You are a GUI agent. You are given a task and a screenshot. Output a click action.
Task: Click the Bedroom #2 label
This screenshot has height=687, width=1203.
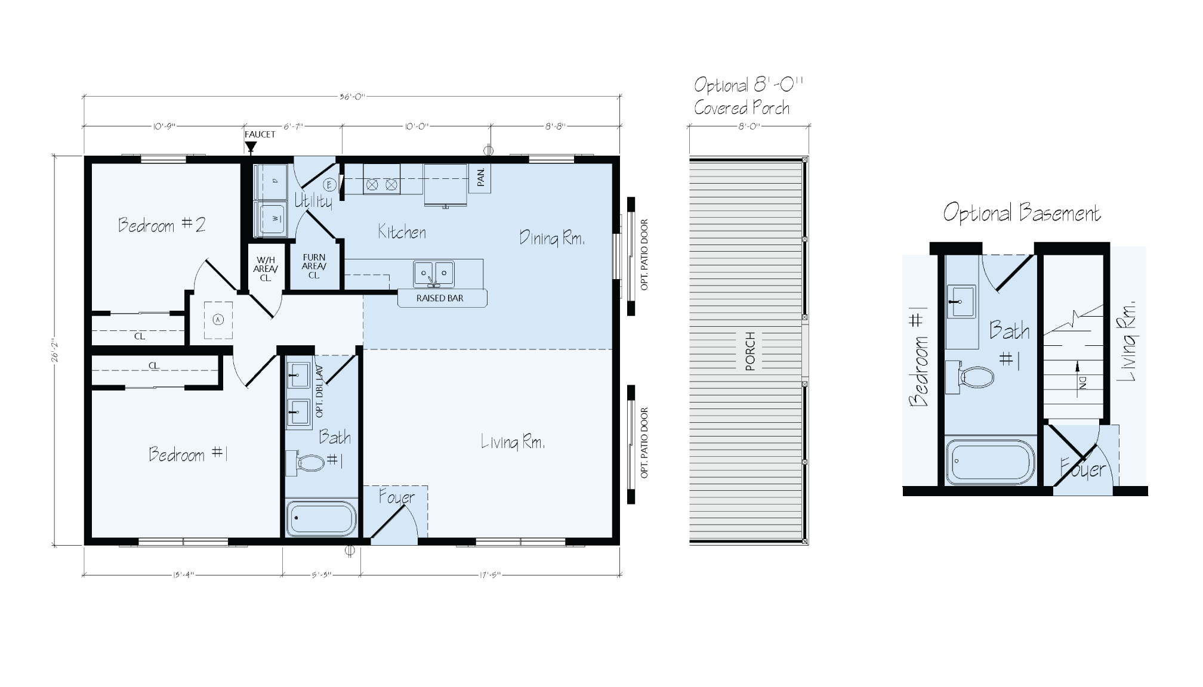162,225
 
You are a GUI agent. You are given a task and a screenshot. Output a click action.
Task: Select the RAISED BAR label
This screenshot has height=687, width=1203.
440,298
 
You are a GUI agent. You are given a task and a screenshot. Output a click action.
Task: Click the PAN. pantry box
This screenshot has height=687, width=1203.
480,178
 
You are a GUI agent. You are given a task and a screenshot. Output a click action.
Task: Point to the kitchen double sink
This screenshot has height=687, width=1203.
434,274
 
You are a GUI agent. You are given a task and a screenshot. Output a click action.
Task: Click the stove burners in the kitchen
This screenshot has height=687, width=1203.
381,185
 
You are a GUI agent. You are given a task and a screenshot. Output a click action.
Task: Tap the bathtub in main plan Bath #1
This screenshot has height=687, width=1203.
321,519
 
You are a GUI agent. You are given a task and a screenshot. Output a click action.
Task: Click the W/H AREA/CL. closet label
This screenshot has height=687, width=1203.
266,268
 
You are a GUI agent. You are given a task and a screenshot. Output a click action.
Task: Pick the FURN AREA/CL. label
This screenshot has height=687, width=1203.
314,266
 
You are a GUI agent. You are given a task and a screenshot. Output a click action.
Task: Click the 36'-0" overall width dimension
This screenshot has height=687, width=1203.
351,97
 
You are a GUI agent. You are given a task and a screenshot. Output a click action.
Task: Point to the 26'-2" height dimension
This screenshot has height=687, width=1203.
55,351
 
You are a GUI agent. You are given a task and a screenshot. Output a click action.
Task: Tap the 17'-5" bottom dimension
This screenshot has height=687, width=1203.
489,575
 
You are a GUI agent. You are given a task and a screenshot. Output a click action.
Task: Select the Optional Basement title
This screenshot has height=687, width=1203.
1022,213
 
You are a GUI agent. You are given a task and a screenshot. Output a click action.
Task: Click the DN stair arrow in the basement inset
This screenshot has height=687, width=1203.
1081,385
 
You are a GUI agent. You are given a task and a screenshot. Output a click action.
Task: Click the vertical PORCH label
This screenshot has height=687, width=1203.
750,351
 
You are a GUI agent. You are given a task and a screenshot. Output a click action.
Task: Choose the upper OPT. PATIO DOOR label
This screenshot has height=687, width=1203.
644,255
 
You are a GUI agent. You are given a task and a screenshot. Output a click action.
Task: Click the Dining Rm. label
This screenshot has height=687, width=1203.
551,238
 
